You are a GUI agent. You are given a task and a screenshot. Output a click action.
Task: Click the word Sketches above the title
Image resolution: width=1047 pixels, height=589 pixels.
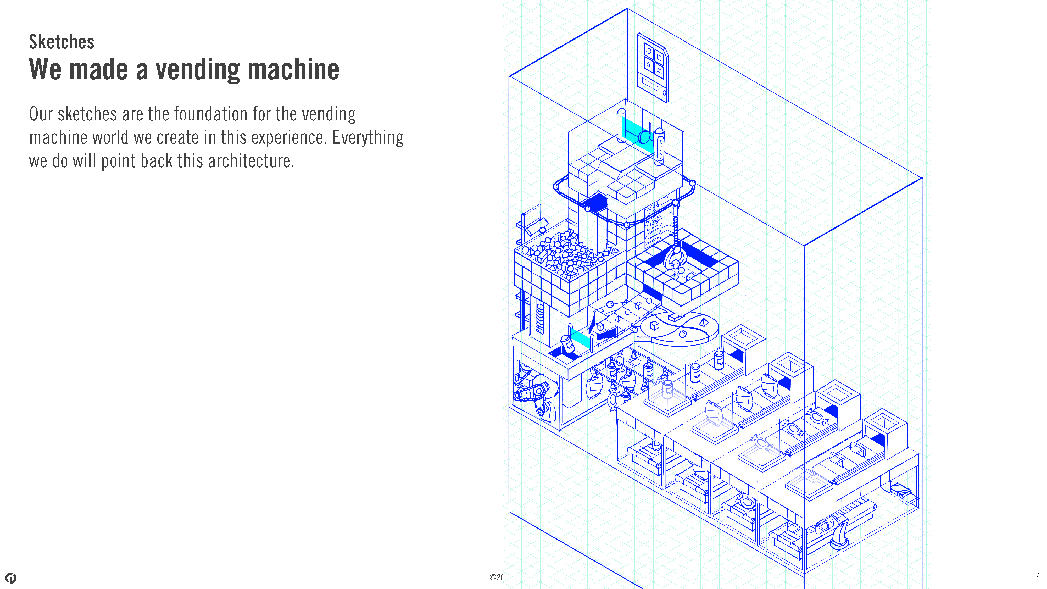[61, 42]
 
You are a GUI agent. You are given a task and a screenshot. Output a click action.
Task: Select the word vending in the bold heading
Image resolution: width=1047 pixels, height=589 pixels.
[198, 70]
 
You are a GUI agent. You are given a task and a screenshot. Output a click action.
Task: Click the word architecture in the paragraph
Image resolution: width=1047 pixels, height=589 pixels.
[250, 161]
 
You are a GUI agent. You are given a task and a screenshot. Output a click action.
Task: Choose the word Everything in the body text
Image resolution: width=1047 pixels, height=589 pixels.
[367, 138]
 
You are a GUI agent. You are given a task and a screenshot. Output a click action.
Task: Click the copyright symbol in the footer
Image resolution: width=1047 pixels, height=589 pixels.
[492, 577]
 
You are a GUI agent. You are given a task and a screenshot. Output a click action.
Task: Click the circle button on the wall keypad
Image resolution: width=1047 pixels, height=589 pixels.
[649, 52]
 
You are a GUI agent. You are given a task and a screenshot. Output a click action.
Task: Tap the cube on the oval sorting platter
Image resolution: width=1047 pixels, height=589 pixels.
[654, 326]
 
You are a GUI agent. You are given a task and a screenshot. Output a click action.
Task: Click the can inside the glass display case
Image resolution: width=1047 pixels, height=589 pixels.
[667, 390]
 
